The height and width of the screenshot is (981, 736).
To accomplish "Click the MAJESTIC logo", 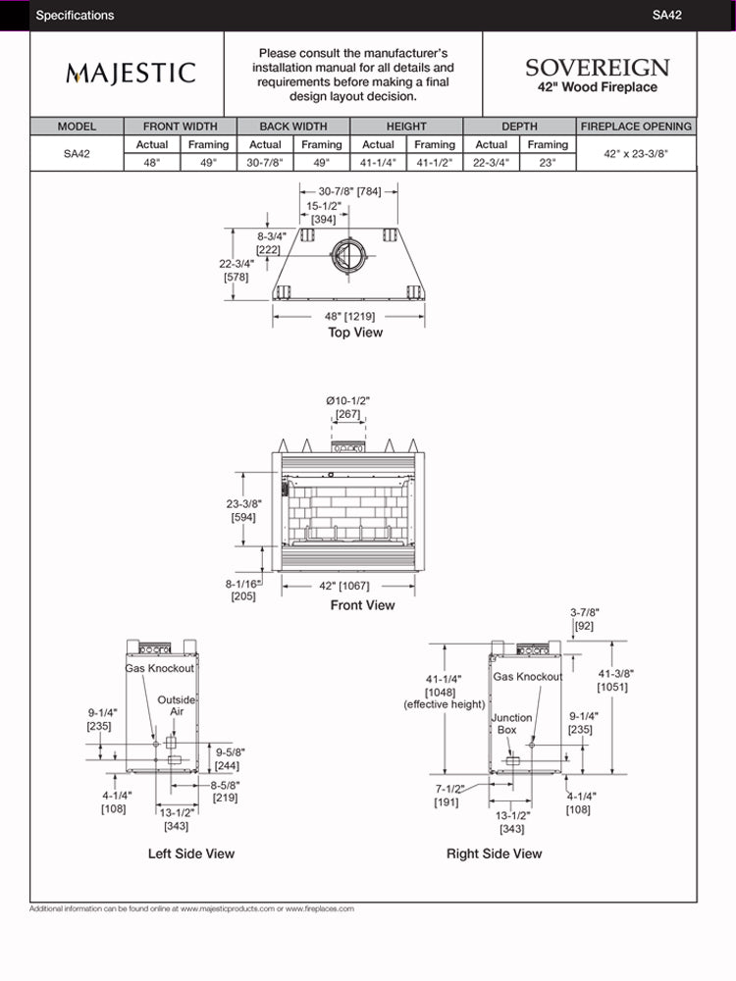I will tap(131, 74).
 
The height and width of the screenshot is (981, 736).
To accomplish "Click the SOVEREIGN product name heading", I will tap(597, 68).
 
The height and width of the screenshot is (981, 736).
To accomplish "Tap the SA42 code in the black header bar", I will tap(666, 15).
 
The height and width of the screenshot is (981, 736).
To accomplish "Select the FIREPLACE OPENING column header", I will tap(636, 127).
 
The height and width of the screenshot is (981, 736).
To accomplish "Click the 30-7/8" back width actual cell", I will tap(265, 163).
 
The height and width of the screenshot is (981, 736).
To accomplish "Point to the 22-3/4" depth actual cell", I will tap(491, 163).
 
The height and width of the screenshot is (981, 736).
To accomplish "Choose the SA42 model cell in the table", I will tap(77, 154).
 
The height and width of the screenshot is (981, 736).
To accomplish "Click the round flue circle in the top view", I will tap(346, 258).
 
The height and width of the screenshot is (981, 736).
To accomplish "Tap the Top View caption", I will tap(355, 333).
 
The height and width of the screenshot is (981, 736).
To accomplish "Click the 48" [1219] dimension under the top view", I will tap(350, 316).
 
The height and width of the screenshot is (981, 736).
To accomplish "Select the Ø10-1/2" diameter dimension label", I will tap(347, 407).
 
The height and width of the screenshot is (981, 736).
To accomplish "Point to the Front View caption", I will tap(362, 605).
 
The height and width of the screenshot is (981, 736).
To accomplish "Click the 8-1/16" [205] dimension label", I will tap(242, 589).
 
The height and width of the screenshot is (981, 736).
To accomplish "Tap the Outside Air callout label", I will tap(177, 705).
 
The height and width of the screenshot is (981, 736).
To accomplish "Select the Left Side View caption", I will tap(191, 853).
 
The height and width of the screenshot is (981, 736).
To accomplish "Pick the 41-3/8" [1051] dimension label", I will tap(617, 680).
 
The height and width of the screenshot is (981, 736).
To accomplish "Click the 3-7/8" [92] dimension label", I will tap(584, 618).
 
